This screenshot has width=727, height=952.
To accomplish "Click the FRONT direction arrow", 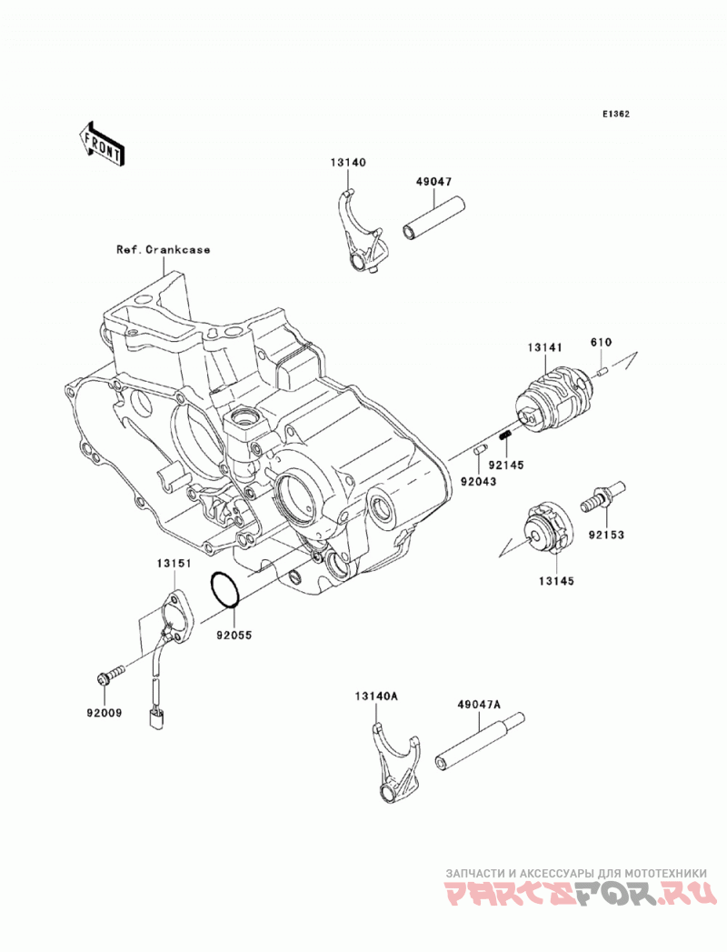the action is tap(102, 144).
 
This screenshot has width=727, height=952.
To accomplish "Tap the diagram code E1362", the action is tap(615, 114).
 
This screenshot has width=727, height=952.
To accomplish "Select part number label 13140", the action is tap(348, 163).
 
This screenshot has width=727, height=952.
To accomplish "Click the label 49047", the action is tap(433, 182).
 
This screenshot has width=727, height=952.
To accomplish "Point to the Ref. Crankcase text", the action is tap(164, 249).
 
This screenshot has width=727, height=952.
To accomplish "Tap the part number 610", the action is tap(601, 343).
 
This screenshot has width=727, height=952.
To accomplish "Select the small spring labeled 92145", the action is tap(504, 435).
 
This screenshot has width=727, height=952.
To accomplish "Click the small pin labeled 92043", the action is tap(480, 450).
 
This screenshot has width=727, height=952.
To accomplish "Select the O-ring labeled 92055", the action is tap(225, 589).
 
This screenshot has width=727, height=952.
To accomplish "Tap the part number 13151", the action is tap(174, 564).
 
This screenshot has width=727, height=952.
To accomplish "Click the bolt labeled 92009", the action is tap(111, 676).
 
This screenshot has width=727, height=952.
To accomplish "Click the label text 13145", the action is tap(556, 581).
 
